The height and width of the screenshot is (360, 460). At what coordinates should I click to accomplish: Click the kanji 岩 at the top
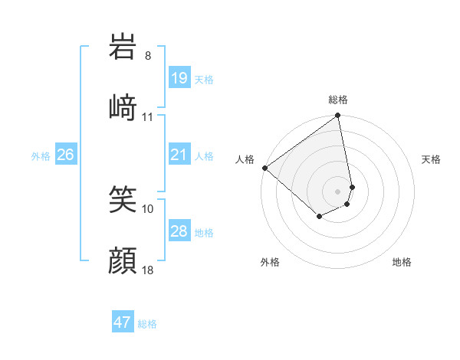coord(123,47)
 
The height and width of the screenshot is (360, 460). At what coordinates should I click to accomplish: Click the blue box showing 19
coord(179,77)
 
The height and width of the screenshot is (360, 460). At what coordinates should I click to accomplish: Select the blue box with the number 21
coord(179,155)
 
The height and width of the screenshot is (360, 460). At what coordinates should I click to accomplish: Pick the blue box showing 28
coord(179,231)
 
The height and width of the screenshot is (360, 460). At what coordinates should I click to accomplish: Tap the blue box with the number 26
coord(65,155)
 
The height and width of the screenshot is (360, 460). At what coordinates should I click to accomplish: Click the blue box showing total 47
coord(123,322)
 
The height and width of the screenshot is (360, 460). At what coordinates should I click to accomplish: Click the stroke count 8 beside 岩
coord(148,56)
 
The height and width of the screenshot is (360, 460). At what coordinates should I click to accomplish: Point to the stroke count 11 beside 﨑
coord(148,117)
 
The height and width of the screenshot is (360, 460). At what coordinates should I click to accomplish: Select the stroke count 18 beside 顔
coord(148,270)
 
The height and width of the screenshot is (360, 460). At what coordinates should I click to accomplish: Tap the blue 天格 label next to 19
coord(204,79)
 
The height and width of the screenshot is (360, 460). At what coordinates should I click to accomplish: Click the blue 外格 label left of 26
coord(41,156)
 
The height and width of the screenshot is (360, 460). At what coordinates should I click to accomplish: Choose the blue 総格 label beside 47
coord(147,324)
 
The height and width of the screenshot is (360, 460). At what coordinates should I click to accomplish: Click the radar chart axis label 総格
coord(338,100)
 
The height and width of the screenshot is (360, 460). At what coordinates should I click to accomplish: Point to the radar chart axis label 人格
coord(245,159)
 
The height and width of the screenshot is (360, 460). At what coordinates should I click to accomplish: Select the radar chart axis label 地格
coord(402,262)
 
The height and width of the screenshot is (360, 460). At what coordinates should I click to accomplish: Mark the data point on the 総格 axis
coord(338,116)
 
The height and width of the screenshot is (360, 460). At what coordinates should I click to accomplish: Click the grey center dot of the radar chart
coord(338,191)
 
